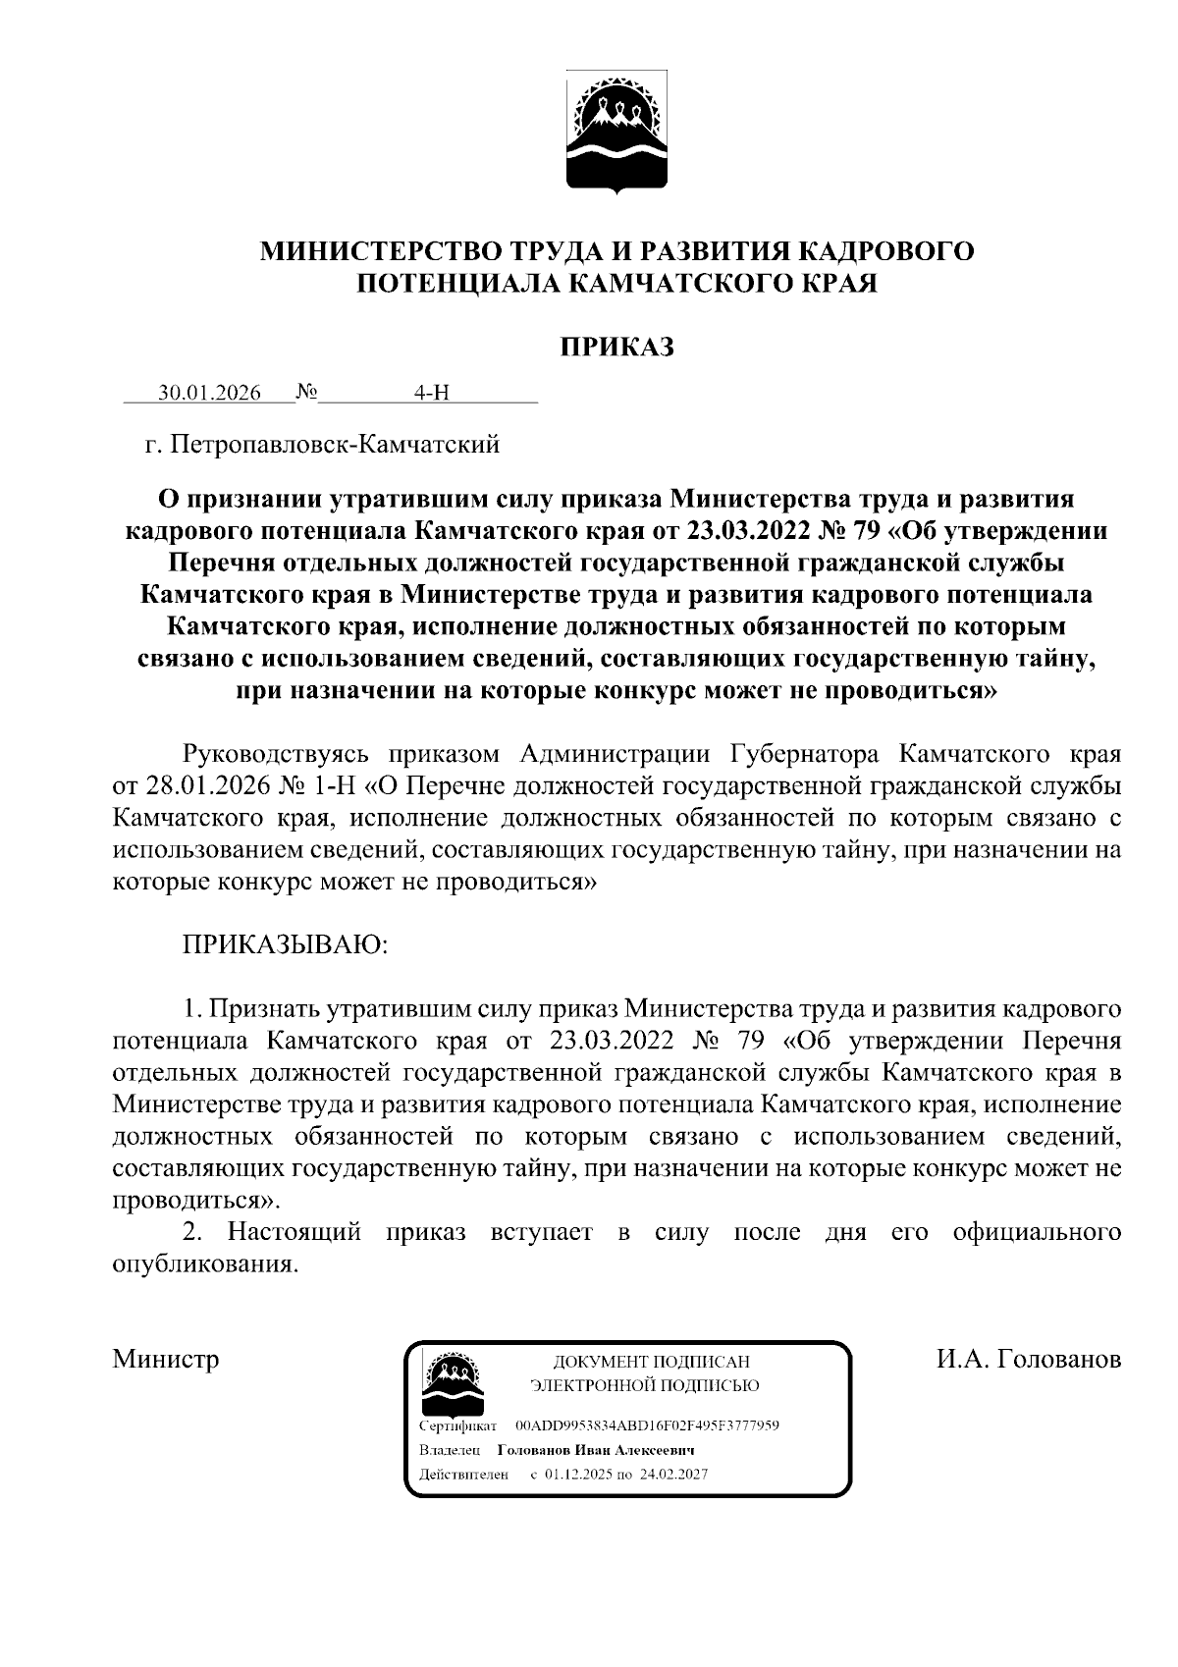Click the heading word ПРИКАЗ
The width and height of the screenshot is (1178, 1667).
tap(616, 347)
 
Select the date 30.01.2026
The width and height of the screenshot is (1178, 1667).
tap(210, 394)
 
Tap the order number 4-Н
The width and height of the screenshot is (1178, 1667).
tap(431, 394)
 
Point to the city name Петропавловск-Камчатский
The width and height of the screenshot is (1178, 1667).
tap(335, 445)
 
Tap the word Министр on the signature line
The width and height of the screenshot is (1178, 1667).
tap(165, 1360)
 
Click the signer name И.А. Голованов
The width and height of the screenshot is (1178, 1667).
tap(1028, 1360)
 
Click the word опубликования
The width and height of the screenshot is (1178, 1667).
tap(203, 1264)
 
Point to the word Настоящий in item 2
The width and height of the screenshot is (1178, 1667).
tap(294, 1232)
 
